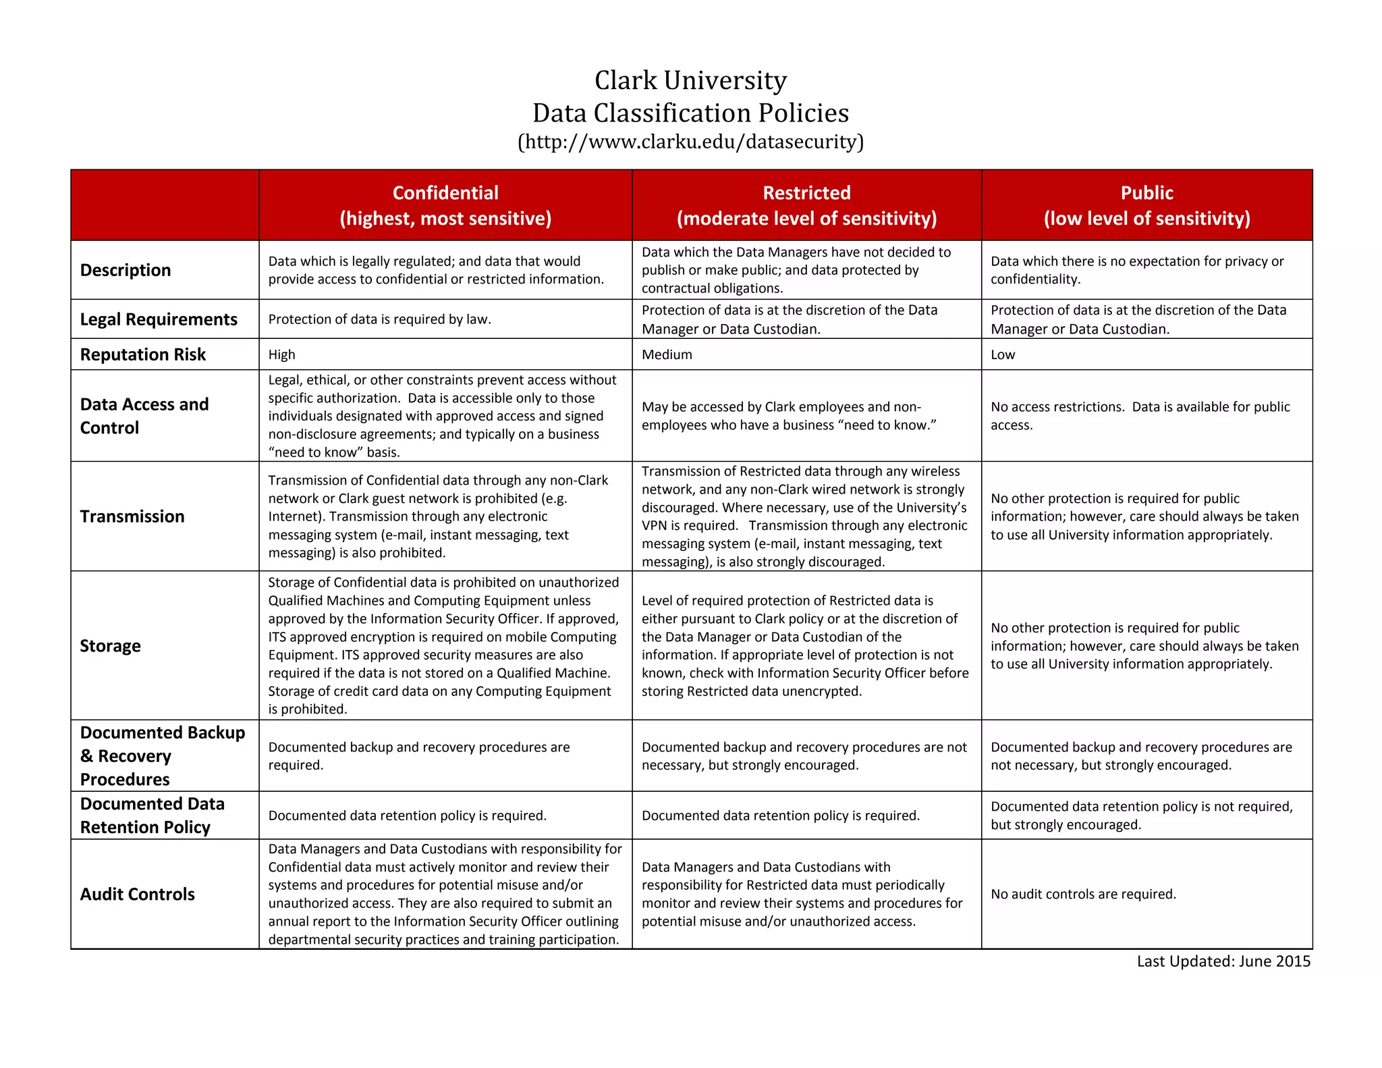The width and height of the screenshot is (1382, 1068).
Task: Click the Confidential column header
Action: click(445, 205)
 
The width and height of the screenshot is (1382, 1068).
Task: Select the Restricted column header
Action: click(806, 205)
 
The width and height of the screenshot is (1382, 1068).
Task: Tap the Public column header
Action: click(1146, 205)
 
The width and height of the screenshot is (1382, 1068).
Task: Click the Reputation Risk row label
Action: click(143, 354)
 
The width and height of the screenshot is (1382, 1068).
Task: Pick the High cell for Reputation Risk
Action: click(282, 354)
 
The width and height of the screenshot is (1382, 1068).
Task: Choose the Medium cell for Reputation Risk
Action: click(667, 354)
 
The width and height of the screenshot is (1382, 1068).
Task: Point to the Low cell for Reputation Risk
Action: click(1003, 354)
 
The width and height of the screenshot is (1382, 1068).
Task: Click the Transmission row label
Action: click(132, 516)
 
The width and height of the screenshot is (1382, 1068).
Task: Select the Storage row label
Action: click(111, 646)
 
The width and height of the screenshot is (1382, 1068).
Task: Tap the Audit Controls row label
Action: click(138, 895)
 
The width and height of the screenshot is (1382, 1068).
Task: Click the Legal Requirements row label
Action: click(159, 319)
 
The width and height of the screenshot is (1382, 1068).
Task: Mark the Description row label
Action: click(126, 270)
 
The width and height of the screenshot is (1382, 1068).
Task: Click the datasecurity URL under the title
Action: click(690, 142)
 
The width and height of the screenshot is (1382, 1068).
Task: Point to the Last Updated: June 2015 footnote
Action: click(1223, 961)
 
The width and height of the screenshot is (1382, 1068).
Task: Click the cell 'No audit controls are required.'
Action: click(1083, 895)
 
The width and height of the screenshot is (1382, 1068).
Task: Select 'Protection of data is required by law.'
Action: click(380, 319)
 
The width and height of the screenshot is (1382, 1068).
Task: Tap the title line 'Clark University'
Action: click(690, 80)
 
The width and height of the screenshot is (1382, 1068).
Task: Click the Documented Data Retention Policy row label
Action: click(153, 816)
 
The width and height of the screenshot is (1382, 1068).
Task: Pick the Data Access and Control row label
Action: click(144, 416)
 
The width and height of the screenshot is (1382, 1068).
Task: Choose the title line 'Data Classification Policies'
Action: click(690, 113)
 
